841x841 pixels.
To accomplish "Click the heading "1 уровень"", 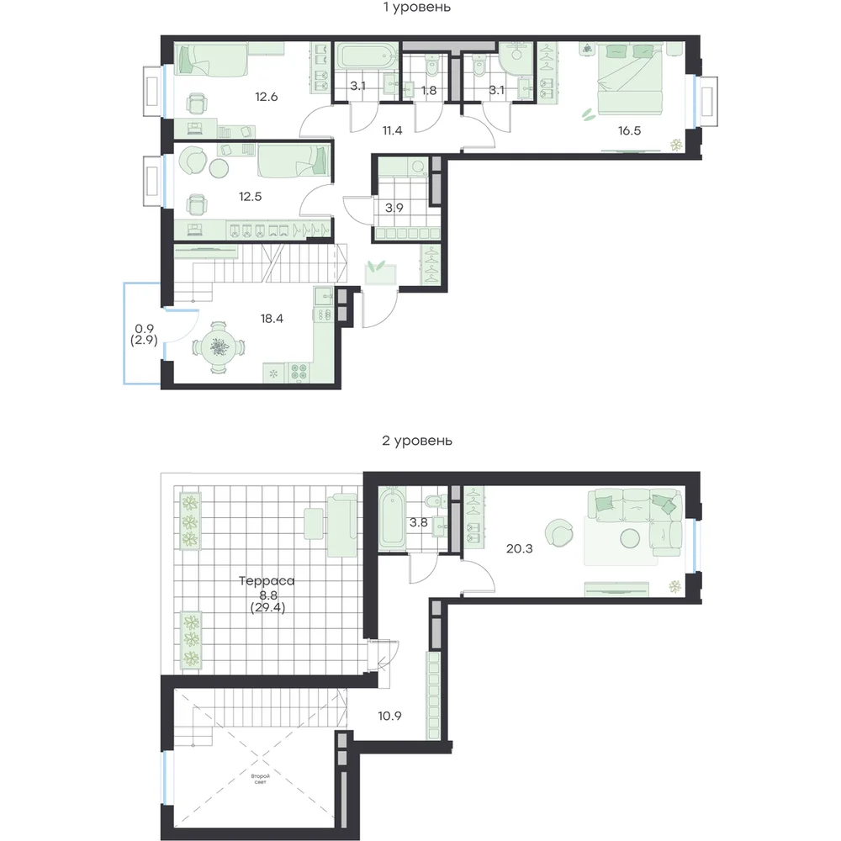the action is [417, 8].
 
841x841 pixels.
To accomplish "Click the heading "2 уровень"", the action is [417, 441].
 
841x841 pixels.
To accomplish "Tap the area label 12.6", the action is [266, 97].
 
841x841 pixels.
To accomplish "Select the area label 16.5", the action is [629, 131].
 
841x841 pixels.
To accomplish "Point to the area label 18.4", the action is [272, 319].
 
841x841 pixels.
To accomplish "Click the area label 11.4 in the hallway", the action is [392, 130].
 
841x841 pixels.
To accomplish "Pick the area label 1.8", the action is [429, 91].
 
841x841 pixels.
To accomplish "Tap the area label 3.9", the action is [394, 208].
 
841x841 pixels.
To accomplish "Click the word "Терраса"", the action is [267, 581].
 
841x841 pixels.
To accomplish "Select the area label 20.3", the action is [519, 548].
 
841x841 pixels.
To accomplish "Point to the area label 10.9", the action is [389, 716].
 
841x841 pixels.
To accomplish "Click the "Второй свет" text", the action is [260, 779].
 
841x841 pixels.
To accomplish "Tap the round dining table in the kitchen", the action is [218, 348].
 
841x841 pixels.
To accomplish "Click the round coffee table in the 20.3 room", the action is [629, 538].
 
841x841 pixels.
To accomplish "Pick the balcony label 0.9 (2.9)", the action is [144, 334].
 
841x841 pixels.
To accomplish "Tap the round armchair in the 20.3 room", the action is [558, 533].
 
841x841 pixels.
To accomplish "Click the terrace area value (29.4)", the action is [267, 608].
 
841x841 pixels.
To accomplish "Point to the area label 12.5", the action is [251, 197].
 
